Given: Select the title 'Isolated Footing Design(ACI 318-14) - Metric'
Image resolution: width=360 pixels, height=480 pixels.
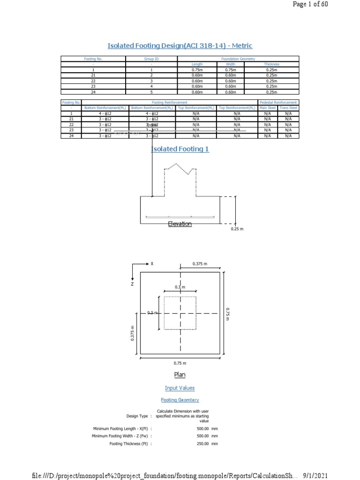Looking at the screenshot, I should pos(180,45).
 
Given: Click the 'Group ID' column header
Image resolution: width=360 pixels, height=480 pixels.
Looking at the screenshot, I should pos(151,59).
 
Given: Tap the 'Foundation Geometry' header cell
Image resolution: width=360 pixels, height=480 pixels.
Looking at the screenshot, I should pos(238,59).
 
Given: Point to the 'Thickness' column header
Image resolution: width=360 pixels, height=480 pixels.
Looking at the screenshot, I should pos(271,64).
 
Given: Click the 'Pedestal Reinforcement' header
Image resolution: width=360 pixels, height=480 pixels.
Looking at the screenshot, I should pos(278,102).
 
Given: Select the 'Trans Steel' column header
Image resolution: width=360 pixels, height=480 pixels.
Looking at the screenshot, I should pos(288,108).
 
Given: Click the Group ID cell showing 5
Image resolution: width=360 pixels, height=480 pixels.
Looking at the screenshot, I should pos(151,92).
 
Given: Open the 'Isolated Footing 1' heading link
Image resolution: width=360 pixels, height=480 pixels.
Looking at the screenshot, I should pos(180,149).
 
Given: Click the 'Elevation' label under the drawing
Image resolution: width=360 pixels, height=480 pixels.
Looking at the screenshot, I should pos(180,224).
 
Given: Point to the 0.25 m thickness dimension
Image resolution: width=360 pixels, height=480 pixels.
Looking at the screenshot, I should pos(238,229).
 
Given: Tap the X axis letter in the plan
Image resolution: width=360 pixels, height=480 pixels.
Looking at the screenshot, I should pos(152,264).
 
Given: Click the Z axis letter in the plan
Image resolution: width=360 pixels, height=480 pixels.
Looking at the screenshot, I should pos(132,284).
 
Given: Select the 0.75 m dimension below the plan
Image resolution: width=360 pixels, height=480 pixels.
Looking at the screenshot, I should pos(180,363).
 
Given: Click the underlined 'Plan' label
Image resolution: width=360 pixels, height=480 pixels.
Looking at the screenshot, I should pos(180,375).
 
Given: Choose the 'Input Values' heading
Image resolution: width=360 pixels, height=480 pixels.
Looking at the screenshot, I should pos(180,388).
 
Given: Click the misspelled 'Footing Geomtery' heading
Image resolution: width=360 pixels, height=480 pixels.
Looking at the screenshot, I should pos(180,400).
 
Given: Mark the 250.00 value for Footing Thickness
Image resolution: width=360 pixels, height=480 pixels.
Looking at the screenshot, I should pos(203,443).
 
